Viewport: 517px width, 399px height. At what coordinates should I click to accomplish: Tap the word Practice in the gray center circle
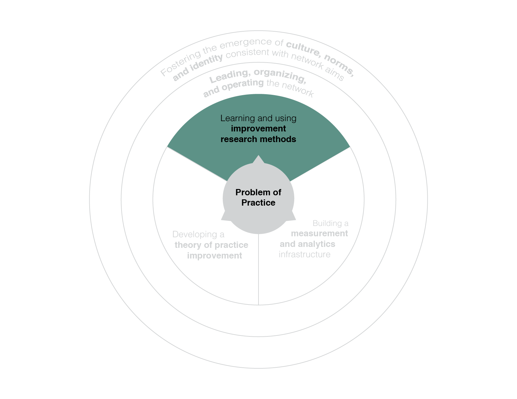click(x=258, y=203)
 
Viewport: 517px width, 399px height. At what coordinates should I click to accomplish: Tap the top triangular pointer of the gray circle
click(x=258, y=159)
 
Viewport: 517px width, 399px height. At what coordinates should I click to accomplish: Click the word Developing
click(x=195, y=235)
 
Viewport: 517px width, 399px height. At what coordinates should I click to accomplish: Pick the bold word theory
click(x=188, y=245)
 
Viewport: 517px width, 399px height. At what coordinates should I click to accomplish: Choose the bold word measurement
click(x=319, y=233)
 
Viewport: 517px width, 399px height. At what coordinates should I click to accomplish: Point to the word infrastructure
click(x=305, y=254)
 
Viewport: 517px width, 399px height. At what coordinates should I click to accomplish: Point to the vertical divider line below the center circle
click(x=258, y=269)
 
